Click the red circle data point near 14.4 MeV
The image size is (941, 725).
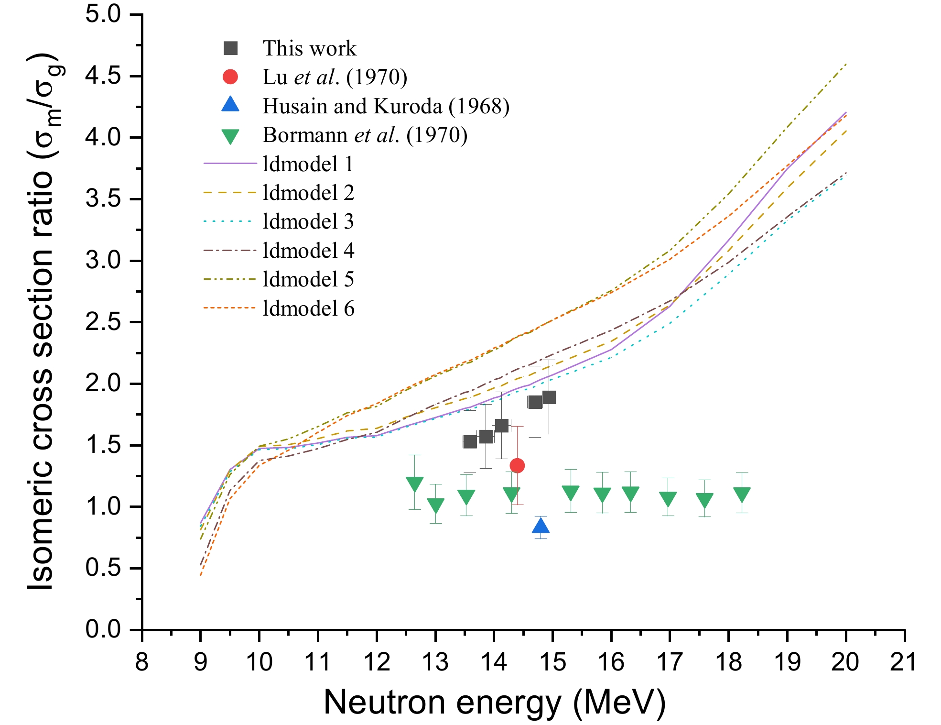pyautogui.click(x=517, y=465)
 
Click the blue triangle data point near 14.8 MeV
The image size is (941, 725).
pyautogui.click(x=541, y=526)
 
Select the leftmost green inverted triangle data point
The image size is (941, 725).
pyautogui.click(x=414, y=483)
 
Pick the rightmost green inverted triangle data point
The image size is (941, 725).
pyautogui.click(x=742, y=494)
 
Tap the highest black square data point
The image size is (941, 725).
pyautogui.click(x=549, y=397)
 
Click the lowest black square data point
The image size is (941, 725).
pyautogui.click(x=470, y=441)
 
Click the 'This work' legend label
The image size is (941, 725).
pyautogui.click(x=309, y=48)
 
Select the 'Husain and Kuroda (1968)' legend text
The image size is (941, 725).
pyautogui.click(x=386, y=106)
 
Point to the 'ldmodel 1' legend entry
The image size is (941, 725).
pyautogui.click(x=308, y=164)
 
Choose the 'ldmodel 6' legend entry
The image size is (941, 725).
pyautogui.click(x=308, y=308)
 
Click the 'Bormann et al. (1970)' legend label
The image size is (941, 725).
pyautogui.click(x=365, y=135)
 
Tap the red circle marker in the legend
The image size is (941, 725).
pyautogui.click(x=230, y=77)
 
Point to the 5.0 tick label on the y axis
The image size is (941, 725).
pyautogui.click(x=103, y=14)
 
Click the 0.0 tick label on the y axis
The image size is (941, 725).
pyautogui.click(x=103, y=629)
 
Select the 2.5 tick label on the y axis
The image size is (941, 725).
pyautogui.click(x=103, y=322)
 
